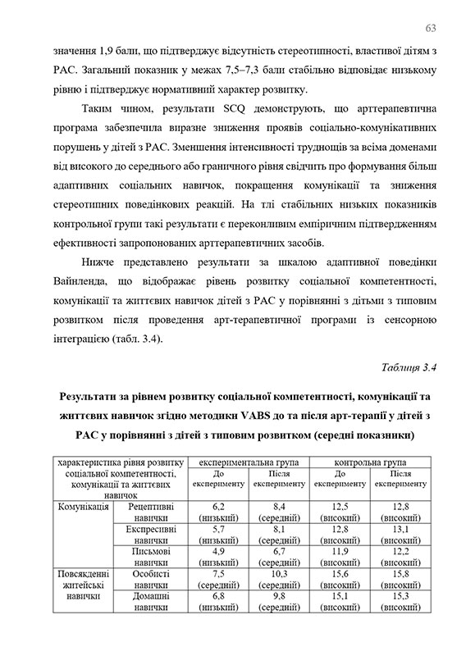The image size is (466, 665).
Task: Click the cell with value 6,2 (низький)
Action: tap(218, 512)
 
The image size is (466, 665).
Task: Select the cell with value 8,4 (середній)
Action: tap(279, 512)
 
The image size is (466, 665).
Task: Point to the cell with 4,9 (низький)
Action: tap(218, 558)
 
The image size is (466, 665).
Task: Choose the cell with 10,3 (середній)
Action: tap(279, 580)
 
